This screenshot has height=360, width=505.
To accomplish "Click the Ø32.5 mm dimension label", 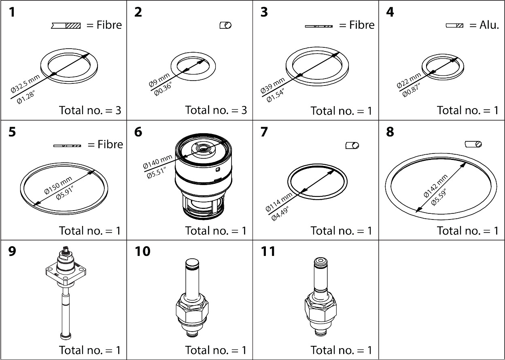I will pyautogui.click(x=25, y=84).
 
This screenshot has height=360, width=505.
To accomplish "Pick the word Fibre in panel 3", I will pyautogui.click(x=356, y=25).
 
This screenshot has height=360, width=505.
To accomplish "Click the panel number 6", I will pyautogui.click(x=138, y=132).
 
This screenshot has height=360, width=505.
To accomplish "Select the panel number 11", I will pyautogui.click(x=268, y=251).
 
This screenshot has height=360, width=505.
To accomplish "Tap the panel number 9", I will pyautogui.click(x=13, y=251).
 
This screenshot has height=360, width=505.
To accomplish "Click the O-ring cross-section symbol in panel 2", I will pyautogui.click(x=225, y=26).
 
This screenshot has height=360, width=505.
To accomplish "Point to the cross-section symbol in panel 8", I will pyautogui.click(x=473, y=144).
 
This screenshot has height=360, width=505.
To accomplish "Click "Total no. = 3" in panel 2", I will pyautogui.click(x=216, y=110).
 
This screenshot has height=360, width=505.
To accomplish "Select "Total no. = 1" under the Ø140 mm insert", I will pyautogui.click(x=216, y=230).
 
